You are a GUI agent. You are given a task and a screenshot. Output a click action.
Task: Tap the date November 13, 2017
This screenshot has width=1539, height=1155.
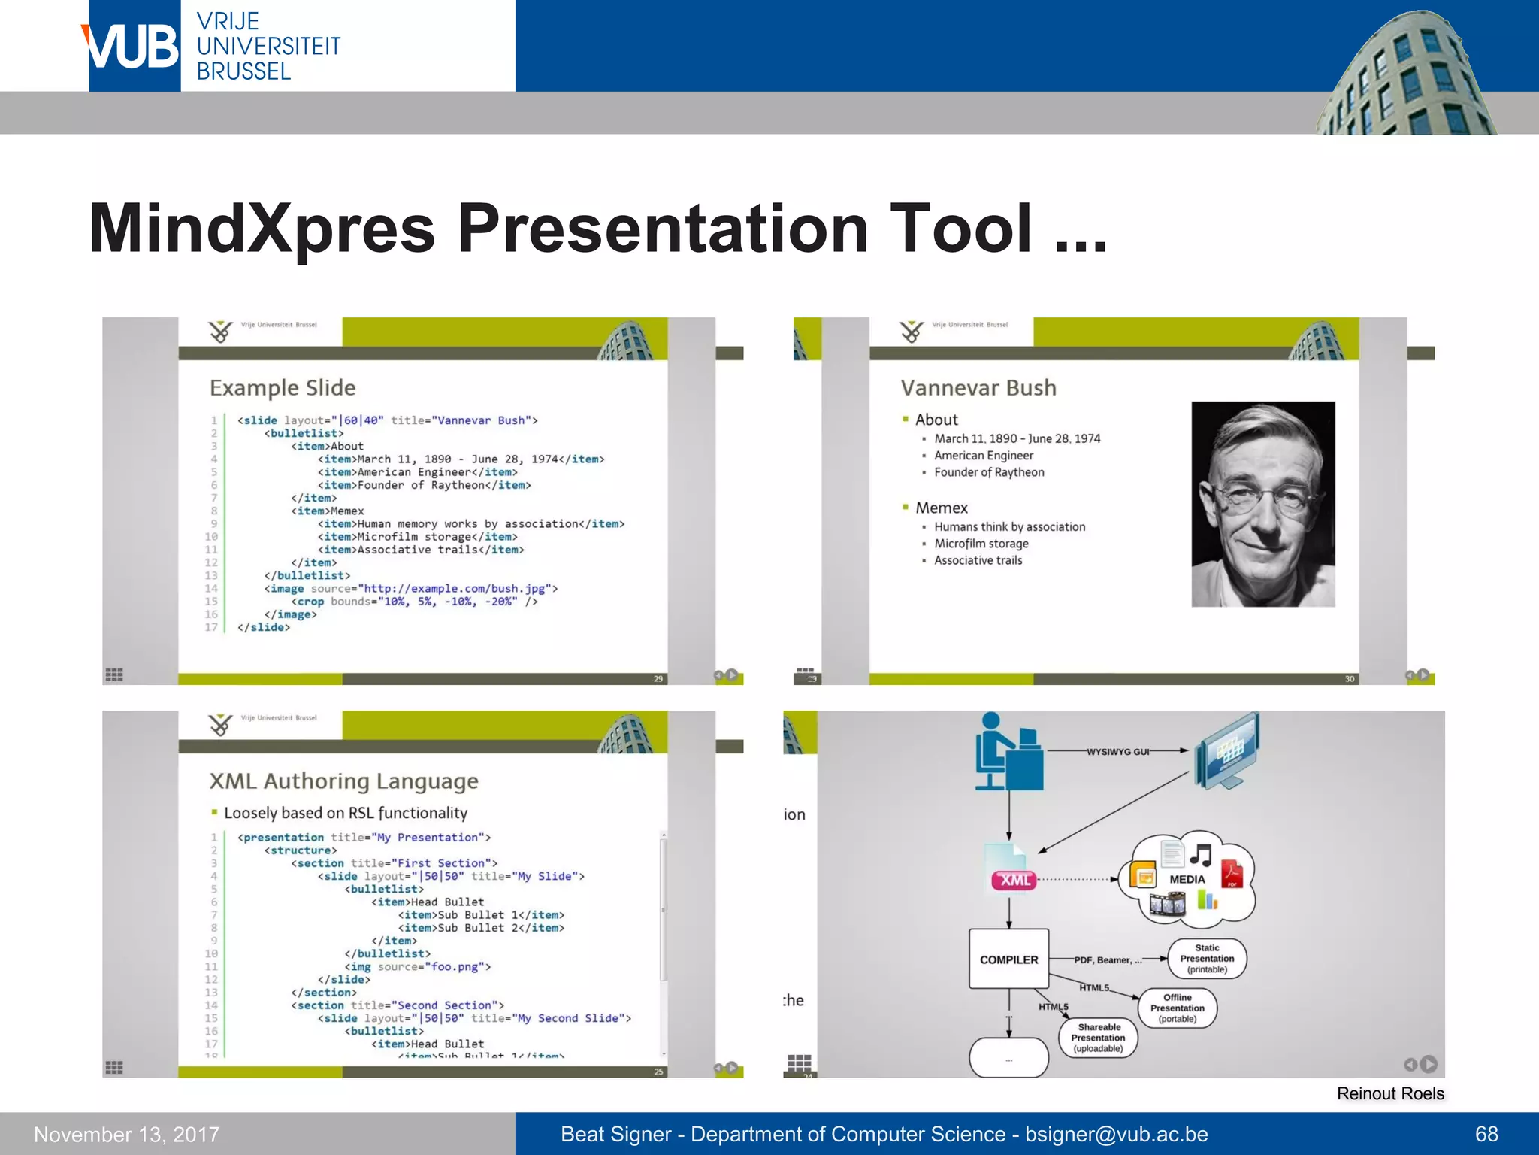(127, 1134)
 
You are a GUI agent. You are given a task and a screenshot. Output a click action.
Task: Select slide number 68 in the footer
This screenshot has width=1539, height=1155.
(1486, 1134)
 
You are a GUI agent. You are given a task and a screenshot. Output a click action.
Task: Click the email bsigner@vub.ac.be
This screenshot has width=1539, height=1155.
(1116, 1134)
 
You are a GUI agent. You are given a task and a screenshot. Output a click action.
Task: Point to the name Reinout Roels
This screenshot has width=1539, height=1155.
(1389, 1093)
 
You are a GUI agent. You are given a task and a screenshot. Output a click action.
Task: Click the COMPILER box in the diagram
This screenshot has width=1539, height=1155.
(1008, 959)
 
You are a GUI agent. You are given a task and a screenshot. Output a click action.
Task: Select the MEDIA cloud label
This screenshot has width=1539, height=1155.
(1187, 879)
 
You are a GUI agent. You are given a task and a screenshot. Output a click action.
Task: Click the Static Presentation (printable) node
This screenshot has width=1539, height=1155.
(1207, 959)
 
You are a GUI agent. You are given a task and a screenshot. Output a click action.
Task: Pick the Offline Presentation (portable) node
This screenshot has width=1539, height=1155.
(1177, 1008)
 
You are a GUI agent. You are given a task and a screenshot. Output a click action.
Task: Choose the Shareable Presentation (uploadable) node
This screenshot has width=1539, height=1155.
(1099, 1038)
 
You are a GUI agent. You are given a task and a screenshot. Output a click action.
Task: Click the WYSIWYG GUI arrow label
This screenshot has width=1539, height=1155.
(1117, 751)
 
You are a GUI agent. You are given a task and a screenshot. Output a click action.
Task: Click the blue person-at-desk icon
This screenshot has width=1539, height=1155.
(1007, 752)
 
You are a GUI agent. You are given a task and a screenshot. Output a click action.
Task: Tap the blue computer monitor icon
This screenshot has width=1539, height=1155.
(1226, 750)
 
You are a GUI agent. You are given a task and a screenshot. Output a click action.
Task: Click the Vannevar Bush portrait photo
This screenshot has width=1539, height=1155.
(1262, 504)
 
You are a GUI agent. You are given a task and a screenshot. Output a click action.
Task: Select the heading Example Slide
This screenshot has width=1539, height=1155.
(283, 388)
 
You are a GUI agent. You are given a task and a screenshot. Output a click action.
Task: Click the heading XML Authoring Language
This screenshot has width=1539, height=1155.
(343, 781)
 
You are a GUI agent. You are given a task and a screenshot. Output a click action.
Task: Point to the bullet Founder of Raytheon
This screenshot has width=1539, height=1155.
(989, 472)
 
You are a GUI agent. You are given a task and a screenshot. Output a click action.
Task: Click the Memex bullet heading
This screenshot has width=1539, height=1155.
(941, 508)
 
